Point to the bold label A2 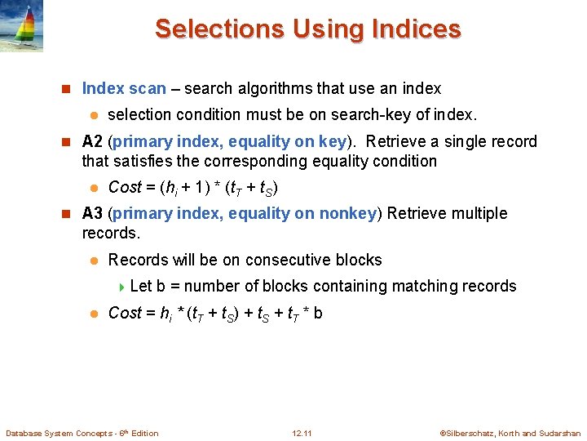[92, 141]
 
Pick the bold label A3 [92, 213]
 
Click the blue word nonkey [350, 213]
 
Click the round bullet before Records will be [94, 261]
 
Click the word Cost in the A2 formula [125, 187]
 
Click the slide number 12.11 [302, 433]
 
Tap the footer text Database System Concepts [57, 433]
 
